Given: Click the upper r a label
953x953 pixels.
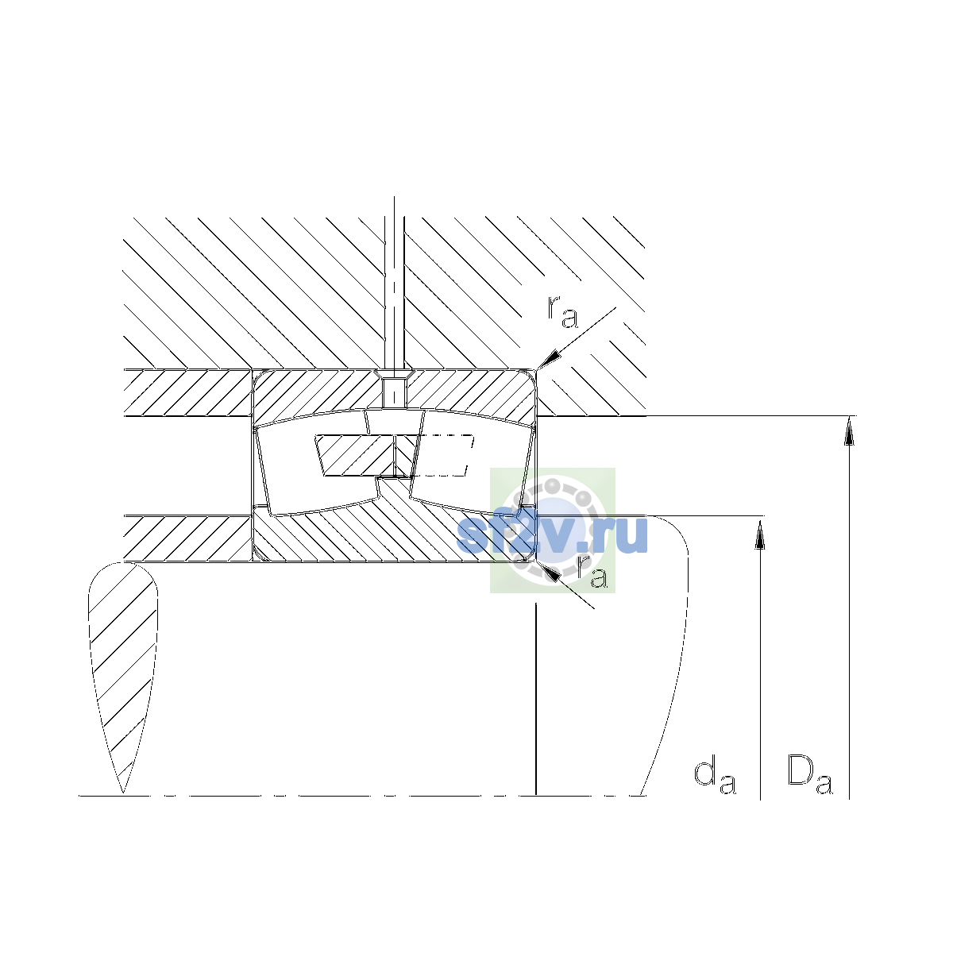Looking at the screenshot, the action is tap(561, 313).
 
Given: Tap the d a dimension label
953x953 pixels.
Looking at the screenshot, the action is tap(715, 777).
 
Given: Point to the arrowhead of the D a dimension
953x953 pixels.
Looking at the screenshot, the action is tap(849, 430).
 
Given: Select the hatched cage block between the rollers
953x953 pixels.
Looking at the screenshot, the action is tap(355, 456).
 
